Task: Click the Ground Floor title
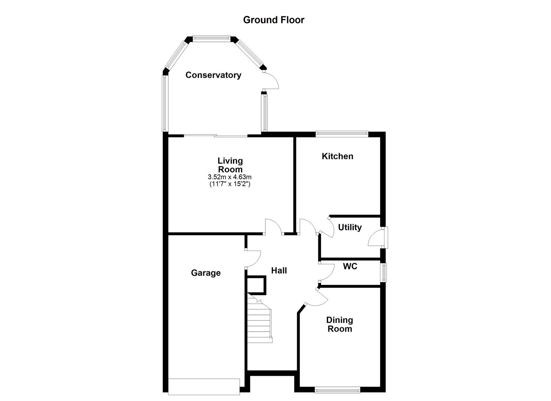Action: [273, 20]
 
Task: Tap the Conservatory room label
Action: [213, 75]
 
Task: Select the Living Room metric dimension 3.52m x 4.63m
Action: [230, 177]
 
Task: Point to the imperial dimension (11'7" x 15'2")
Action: [230, 184]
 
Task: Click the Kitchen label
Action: [337, 156]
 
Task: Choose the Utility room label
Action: [350, 227]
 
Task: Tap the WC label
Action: [350, 266]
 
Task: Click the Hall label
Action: [279, 271]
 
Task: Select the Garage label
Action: [206, 273]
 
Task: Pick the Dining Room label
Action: [340, 324]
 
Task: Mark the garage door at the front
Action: [204, 386]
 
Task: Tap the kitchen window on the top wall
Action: [341, 134]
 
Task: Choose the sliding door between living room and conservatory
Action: [216, 136]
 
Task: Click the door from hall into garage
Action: [253, 258]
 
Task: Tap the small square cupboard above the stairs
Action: [256, 285]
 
